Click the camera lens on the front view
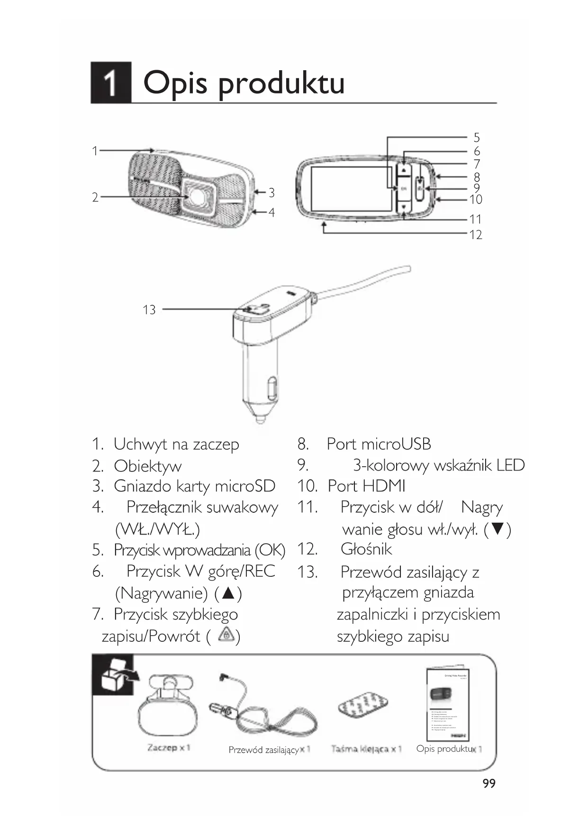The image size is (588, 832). tap(196, 194)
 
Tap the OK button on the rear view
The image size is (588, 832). tap(404, 188)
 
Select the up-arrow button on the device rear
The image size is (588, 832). tap(404, 169)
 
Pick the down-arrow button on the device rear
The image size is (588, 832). tap(404, 207)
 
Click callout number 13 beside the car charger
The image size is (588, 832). tap(149, 310)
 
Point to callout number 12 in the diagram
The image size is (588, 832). tap(475, 234)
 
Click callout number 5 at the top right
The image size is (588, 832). tap(477, 138)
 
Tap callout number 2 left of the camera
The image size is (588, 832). tap(95, 197)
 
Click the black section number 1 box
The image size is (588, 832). tap(110, 83)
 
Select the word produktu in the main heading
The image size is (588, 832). tap(281, 83)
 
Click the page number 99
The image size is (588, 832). tap(489, 783)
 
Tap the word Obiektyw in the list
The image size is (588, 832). tap(147, 466)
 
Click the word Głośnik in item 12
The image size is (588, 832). tap(366, 549)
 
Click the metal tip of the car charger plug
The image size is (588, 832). tap(260, 419)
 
